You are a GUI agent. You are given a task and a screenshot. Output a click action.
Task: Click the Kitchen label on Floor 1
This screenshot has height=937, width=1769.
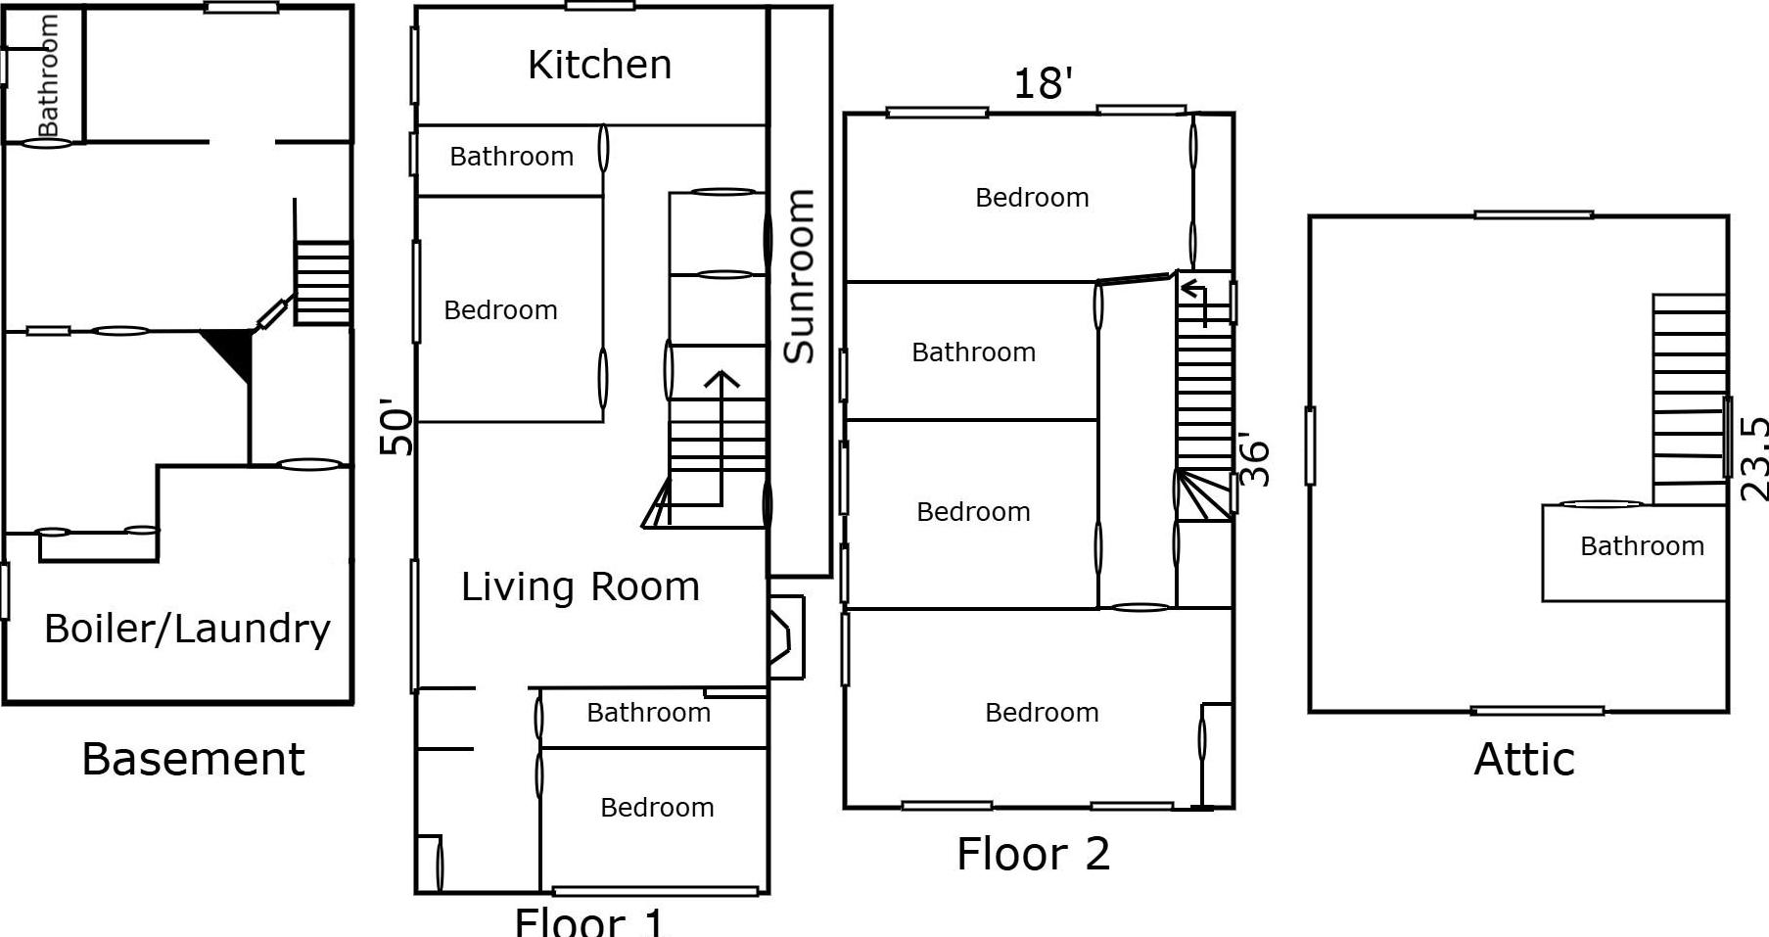(599, 66)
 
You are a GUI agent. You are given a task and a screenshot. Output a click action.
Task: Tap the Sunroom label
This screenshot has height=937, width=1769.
(800, 276)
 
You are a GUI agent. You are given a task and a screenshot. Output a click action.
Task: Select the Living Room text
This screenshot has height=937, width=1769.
(581, 587)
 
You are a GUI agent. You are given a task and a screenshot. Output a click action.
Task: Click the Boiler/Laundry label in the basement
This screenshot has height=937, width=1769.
(187, 629)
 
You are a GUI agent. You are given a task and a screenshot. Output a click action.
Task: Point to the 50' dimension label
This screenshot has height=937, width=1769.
(396, 427)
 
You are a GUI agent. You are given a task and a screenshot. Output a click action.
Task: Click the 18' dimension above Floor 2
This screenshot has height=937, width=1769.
(1043, 84)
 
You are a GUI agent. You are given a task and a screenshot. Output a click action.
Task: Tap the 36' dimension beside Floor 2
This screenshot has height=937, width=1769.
(1254, 460)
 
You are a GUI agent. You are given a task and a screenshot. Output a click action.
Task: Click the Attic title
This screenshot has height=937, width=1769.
(1524, 760)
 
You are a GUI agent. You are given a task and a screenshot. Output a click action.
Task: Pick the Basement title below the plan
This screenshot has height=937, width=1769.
(193, 760)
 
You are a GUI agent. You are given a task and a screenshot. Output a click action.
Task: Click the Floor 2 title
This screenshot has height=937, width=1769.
(1033, 854)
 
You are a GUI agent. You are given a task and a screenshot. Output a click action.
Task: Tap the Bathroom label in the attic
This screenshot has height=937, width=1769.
(1642, 546)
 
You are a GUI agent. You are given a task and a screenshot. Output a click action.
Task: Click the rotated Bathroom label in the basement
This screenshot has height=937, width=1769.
(47, 75)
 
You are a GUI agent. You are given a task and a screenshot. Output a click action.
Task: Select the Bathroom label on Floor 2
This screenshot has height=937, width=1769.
(973, 352)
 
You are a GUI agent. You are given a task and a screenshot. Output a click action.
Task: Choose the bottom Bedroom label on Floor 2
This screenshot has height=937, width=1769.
(1042, 713)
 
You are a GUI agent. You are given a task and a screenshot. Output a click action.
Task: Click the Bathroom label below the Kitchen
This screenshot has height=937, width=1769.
(511, 157)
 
